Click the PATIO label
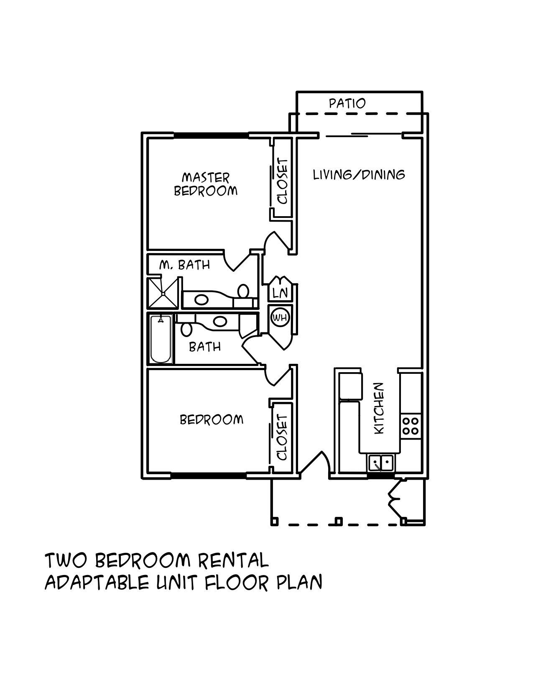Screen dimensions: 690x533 (347, 103)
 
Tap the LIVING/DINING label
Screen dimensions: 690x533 (359, 174)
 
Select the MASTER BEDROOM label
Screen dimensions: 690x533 (205, 184)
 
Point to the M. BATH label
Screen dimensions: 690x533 (184, 265)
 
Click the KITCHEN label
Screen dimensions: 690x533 (379, 408)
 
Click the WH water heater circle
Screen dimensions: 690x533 (280, 317)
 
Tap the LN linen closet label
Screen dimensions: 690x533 (280, 293)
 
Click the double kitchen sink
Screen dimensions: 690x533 (380, 463)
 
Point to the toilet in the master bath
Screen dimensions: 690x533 (243, 291)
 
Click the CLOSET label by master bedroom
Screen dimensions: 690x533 (283, 181)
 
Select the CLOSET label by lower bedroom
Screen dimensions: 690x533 (283, 437)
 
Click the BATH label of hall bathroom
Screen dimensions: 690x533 (205, 347)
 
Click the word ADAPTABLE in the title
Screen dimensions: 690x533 (97, 582)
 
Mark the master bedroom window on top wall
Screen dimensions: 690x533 (211, 135)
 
